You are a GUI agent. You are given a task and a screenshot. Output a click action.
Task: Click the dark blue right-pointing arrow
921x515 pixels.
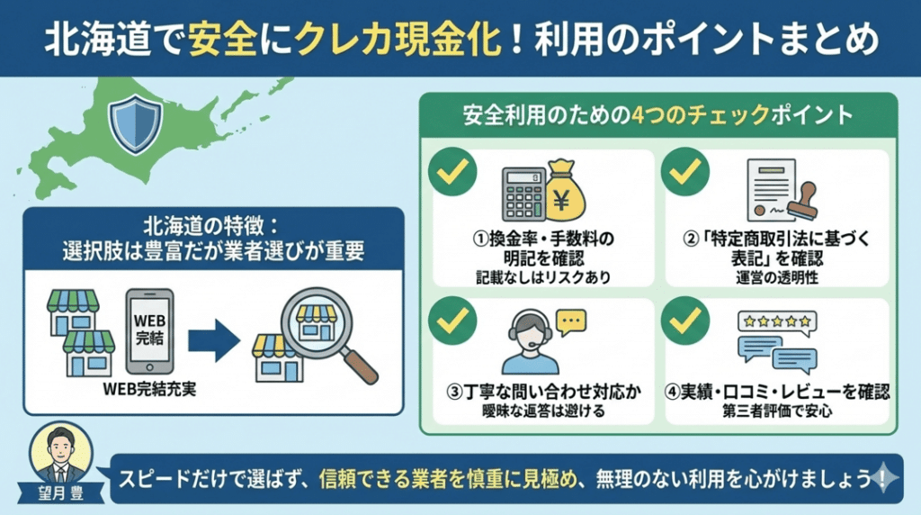tap(213, 339)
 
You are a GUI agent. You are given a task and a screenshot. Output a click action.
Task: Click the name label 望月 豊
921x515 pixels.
tap(60, 493)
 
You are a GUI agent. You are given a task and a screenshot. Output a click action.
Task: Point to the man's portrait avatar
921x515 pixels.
tap(61, 456)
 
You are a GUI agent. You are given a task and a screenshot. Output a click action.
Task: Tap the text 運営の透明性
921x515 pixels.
tap(776, 278)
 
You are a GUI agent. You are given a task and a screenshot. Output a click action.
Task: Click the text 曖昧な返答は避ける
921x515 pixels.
tap(543, 411)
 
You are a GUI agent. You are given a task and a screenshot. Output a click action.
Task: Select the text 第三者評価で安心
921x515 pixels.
tap(777, 411)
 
